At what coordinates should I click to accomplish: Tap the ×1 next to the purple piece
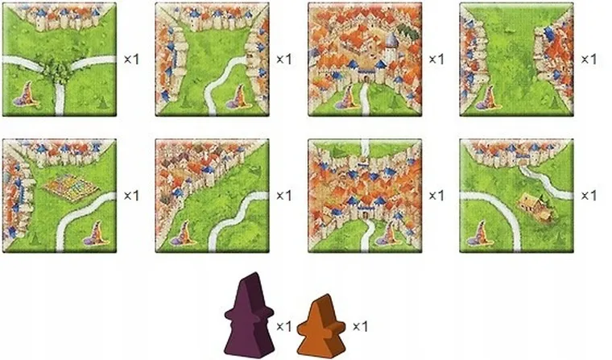(283, 326)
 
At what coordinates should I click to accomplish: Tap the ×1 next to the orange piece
(361, 326)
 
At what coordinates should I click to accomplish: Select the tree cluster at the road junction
(59, 72)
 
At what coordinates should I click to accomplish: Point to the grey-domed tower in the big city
(390, 39)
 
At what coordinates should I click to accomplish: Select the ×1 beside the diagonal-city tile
(283, 196)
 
